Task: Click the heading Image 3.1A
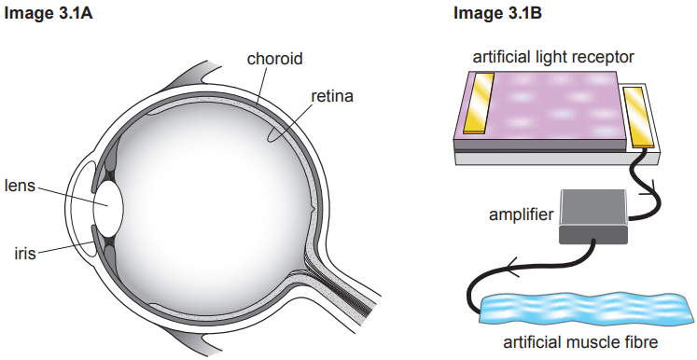[48, 14]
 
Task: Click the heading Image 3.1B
[495, 14]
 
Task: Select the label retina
[333, 96]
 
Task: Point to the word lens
[20, 186]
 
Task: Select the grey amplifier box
[592, 215]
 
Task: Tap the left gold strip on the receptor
[482, 104]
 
